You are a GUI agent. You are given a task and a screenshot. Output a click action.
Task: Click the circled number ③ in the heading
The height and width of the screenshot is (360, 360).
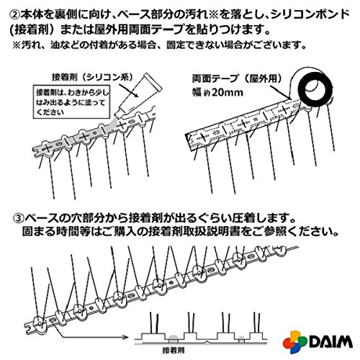pyautogui.click(x=19, y=218)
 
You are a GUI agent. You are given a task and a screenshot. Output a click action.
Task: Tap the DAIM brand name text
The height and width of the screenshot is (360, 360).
pyautogui.click(x=331, y=341)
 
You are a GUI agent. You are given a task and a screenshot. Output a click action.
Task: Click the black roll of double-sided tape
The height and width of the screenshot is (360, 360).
pyautogui.click(x=315, y=87)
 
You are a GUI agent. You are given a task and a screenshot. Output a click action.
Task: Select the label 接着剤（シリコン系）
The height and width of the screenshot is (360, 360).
pyautogui.click(x=92, y=77)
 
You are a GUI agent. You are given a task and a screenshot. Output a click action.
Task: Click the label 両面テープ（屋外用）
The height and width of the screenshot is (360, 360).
pyautogui.click(x=238, y=78)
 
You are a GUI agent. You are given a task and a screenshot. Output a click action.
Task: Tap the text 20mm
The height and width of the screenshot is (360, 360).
pyautogui.click(x=228, y=92)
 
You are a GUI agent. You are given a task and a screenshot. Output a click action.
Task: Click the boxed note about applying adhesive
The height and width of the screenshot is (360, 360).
pyautogui.click(x=72, y=102)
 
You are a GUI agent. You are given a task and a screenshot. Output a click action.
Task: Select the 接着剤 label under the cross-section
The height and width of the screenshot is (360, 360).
pyautogui.click(x=174, y=350)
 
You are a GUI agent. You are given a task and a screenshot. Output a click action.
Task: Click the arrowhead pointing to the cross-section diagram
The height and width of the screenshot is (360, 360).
pyautogui.click(x=125, y=337)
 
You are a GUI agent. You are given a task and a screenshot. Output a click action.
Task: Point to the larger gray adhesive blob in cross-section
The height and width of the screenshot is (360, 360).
pyautogui.click(x=174, y=338)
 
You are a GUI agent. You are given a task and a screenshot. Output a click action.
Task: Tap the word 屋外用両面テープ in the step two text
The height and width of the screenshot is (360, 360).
pyautogui.click(x=143, y=30)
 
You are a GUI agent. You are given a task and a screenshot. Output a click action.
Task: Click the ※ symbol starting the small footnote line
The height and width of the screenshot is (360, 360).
pyautogui.click(x=17, y=45)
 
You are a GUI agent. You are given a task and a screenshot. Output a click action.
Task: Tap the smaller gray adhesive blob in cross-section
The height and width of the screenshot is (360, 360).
pyautogui.click(x=241, y=339)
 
